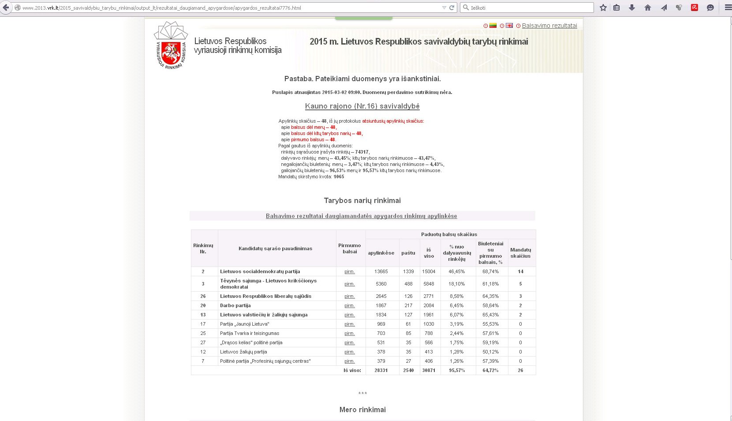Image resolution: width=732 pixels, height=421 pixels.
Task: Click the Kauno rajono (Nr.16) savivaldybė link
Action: pyautogui.click(x=362, y=106)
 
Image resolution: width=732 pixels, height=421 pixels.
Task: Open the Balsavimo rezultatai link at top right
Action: pyautogui.click(x=549, y=26)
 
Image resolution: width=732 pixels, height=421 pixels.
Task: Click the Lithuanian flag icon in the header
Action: pyautogui.click(x=493, y=26)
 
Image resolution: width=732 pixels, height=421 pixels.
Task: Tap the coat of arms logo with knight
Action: pyautogui.click(x=171, y=53)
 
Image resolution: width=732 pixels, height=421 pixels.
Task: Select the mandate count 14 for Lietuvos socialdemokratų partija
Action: pyautogui.click(x=520, y=271)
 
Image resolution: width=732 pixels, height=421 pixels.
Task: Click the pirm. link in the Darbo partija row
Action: pyautogui.click(x=350, y=306)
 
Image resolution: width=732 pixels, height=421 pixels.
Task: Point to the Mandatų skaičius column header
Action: pyautogui.click(x=520, y=253)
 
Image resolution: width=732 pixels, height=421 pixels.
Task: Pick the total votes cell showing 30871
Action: pyautogui.click(x=429, y=370)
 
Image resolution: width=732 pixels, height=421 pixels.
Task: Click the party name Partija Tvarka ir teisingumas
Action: pyautogui.click(x=250, y=333)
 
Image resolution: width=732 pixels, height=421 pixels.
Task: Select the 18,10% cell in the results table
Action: pyautogui.click(x=456, y=284)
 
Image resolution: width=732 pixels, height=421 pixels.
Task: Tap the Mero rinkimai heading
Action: pyautogui.click(x=362, y=410)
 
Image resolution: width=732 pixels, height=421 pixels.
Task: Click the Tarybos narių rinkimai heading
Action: pyautogui.click(x=362, y=201)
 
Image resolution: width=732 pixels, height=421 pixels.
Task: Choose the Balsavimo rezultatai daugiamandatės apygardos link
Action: pyautogui.click(x=361, y=216)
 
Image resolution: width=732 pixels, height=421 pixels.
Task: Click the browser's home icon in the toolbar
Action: pyautogui.click(x=648, y=8)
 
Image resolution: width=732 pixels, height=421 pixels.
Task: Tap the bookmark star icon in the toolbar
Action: pyautogui.click(x=603, y=8)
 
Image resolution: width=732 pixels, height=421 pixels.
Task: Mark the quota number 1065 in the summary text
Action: pyautogui.click(x=339, y=177)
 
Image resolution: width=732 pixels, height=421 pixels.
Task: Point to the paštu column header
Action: pyautogui.click(x=408, y=253)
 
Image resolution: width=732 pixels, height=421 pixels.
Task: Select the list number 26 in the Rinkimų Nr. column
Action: pyautogui.click(x=203, y=296)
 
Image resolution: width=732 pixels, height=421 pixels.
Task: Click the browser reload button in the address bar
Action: pyautogui.click(x=452, y=8)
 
